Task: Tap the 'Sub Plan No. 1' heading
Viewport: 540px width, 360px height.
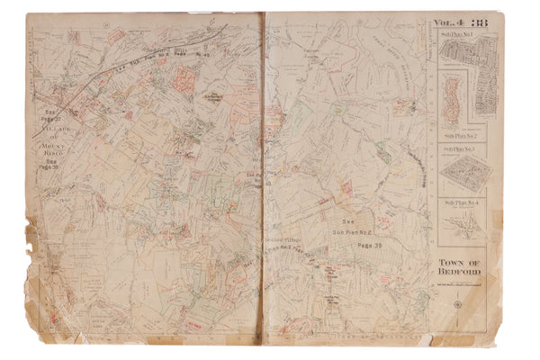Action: [460, 34]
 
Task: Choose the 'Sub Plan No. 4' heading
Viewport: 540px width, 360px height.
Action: [460, 201]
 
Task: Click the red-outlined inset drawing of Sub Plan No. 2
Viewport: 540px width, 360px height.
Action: [449, 94]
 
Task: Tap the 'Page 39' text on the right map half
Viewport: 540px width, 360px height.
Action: [370, 244]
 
